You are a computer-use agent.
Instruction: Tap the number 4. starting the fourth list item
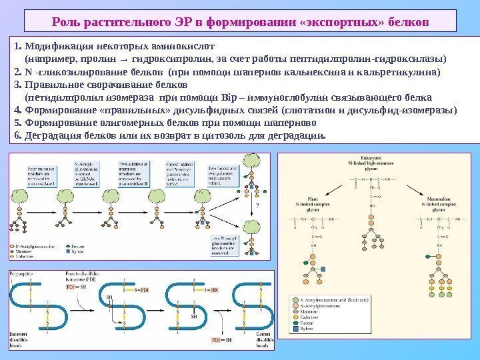[17, 109]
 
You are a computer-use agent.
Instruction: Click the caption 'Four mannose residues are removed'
[43, 172]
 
